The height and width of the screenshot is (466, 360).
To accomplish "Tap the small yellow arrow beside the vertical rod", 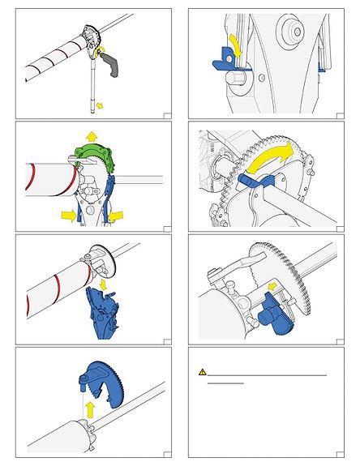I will coord(99,105).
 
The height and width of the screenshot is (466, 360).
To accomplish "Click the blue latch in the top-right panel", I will coord(223,58).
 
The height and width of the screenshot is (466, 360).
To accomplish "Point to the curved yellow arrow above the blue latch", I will coord(232,41).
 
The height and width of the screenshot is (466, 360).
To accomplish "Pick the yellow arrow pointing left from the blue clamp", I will coord(117,214).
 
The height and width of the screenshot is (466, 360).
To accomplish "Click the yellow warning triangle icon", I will coord(204,372).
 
